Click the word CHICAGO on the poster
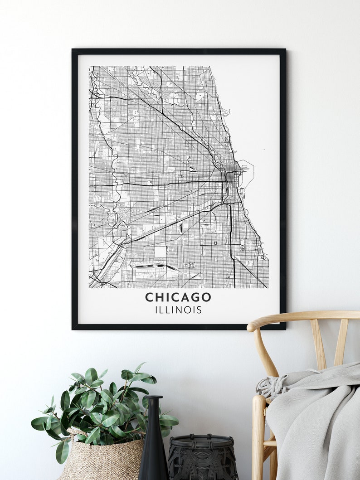(x=178, y=297)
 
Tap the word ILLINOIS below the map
(x=178, y=310)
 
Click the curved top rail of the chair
(x=299, y=316)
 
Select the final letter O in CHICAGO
(x=206, y=297)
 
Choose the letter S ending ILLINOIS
(x=199, y=310)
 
